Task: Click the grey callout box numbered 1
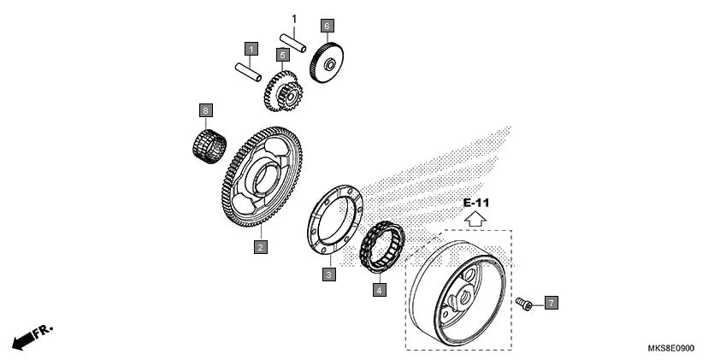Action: [x=251, y=49]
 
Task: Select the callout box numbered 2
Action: [x=260, y=247]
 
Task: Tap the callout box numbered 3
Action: [x=328, y=274]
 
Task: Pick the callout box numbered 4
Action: [x=380, y=290]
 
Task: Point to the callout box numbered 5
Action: [x=282, y=55]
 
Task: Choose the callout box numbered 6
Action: [x=327, y=26]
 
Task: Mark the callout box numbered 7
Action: [x=552, y=303]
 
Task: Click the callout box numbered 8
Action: [x=206, y=110]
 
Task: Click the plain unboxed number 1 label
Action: [x=294, y=19]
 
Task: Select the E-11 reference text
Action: [x=476, y=203]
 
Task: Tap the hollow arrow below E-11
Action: [x=475, y=219]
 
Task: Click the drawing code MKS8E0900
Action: [x=671, y=349]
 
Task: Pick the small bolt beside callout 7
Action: [x=524, y=304]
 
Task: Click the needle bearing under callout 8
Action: [x=210, y=146]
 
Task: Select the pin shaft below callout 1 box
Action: [x=248, y=72]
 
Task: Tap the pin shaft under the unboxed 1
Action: [x=293, y=43]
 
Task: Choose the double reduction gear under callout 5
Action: [x=283, y=91]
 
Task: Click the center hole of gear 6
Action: [x=330, y=65]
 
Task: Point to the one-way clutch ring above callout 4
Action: [x=382, y=246]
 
